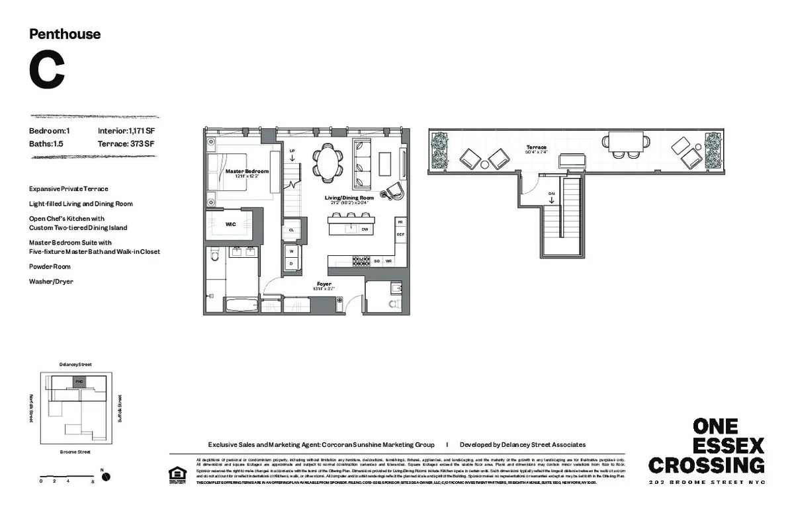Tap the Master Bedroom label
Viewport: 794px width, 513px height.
(247, 171)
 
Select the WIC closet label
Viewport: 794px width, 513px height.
(230, 224)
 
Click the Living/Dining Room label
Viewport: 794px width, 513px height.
(349, 198)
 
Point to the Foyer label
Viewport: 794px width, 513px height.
(324, 284)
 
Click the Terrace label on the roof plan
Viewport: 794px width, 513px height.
(536, 147)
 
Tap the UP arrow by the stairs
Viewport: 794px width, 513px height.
(292, 155)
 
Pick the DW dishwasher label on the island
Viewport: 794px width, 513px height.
(365, 229)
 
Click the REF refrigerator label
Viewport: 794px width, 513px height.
(400, 235)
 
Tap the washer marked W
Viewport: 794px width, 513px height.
(291, 251)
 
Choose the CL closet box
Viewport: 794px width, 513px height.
(291, 230)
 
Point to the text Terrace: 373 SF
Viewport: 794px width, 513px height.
(126, 143)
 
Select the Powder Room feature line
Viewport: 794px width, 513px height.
(50, 266)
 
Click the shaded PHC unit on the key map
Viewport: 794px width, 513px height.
(79, 381)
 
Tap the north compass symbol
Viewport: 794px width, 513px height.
(105, 477)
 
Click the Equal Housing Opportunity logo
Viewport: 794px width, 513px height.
(177, 475)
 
